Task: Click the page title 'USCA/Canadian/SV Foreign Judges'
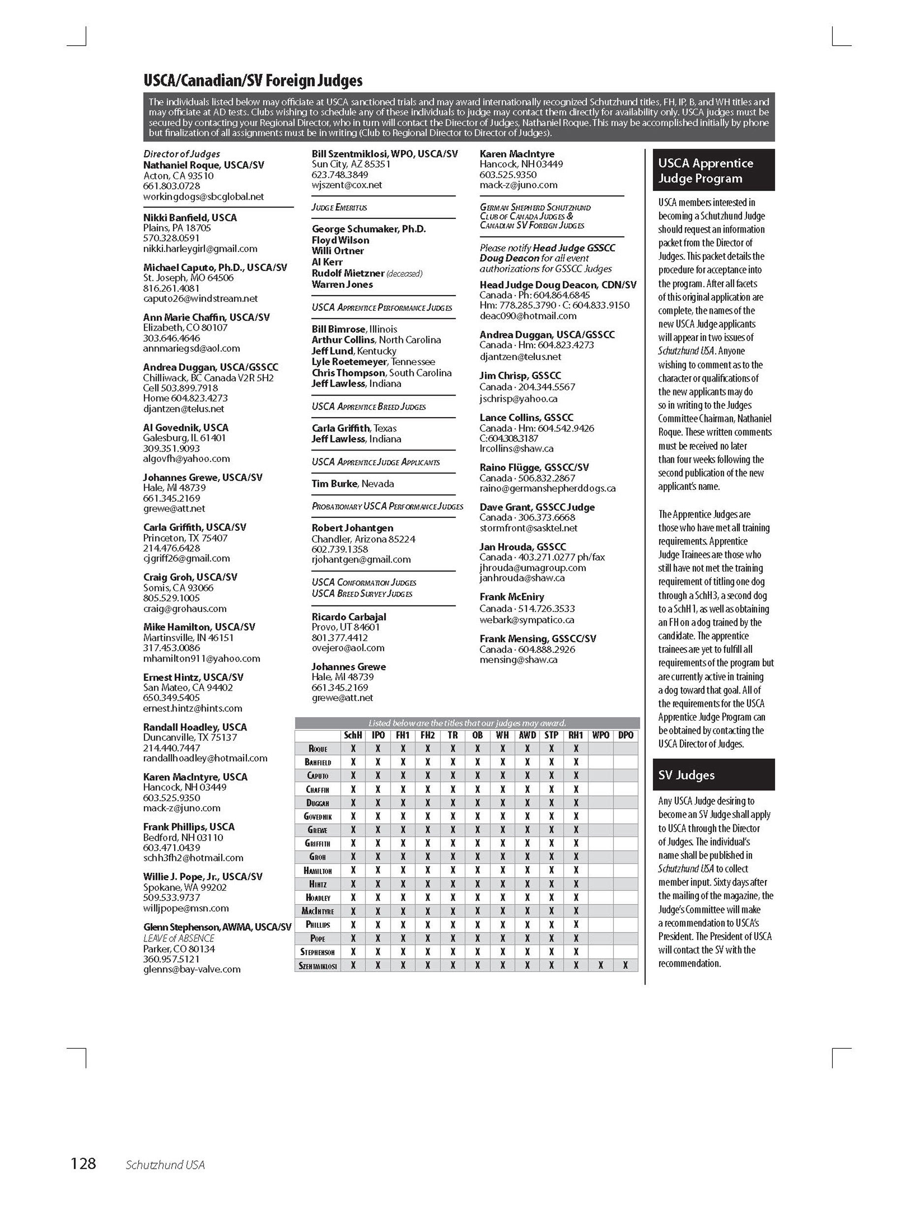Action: [252, 81]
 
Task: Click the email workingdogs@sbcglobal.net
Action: [203, 197]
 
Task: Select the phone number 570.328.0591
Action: [171, 238]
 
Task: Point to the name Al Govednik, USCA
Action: [185, 427]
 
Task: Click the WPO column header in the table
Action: [601, 735]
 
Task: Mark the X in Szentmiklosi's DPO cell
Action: [625, 966]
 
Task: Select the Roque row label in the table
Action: [318, 749]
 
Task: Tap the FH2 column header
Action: [427, 735]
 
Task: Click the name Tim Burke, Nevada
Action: [353, 484]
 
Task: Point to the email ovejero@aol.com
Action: [348, 648]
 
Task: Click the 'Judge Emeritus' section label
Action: [339, 208]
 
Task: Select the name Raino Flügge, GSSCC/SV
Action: [534, 468]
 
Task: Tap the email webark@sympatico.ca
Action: [527, 620]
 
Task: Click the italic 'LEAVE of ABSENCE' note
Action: [179, 939]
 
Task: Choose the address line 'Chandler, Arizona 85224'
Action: [363, 539]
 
